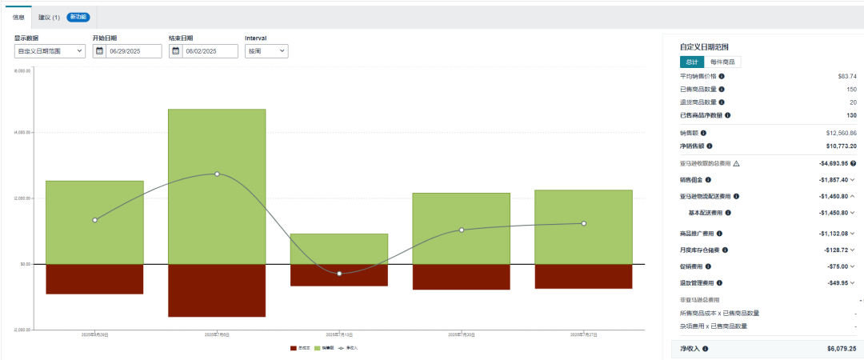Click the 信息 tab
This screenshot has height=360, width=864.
click(18, 16)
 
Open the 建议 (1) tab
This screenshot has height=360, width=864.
click(49, 16)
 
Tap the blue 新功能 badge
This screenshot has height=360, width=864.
click(78, 16)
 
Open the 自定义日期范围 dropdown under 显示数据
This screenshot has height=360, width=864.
click(50, 51)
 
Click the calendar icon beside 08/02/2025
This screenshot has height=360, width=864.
click(176, 51)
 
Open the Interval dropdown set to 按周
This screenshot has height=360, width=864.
click(266, 51)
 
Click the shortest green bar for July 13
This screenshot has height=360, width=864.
click(339, 249)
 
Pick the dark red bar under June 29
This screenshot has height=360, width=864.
click(94, 278)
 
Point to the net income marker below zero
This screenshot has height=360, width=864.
click(339, 274)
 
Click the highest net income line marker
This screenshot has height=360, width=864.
click(217, 174)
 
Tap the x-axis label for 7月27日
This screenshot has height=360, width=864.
click(583, 334)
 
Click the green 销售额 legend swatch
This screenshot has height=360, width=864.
click(318, 348)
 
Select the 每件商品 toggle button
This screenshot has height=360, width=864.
click(722, 62)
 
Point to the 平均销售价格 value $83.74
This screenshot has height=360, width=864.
click(847, 76)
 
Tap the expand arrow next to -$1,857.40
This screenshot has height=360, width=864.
click(853, 181)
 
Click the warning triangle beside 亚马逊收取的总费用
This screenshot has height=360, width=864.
click(736, 163)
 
